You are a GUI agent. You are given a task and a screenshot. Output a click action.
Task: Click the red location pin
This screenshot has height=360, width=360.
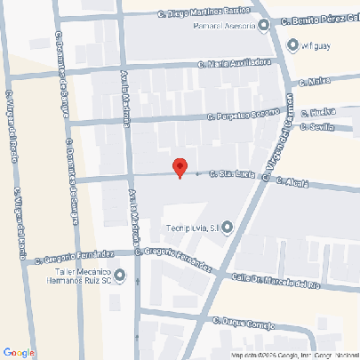pyautogui.click(x=180, y=167)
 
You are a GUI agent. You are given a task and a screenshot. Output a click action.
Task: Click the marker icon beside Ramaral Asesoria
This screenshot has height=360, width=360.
pyautogui.click(x=264, y=25)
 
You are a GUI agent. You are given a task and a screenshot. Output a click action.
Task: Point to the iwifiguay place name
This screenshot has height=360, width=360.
pyautogui.click(x=316, y=45)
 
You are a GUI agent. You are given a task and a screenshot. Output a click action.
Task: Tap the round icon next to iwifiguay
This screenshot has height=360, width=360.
pyautogui.click(x=294, y=45)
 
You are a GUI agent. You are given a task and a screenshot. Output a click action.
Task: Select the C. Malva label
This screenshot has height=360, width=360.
pyautogui.click(x=316, y=82)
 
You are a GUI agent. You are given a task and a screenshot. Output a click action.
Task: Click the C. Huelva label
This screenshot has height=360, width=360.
pyautogui.click(x=317, y=113)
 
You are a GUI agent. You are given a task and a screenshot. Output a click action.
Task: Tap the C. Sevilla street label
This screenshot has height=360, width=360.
pyautogui.click(x=317, y=126)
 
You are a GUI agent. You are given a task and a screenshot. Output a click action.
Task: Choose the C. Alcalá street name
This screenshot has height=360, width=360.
pyautogui.click(x=292, y=180)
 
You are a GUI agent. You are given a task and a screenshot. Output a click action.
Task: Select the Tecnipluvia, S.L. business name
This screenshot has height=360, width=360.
pyautogui.click(x=192, y=228)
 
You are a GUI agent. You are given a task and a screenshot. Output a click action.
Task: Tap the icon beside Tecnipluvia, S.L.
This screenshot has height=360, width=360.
pyautogui.click(x=227, y=228)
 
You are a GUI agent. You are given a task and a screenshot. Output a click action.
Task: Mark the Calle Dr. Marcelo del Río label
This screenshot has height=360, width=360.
pyautogui.click(x=275, y=281)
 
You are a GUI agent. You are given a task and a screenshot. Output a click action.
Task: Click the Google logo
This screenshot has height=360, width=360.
pyautogui.click(x=20, y=352)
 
